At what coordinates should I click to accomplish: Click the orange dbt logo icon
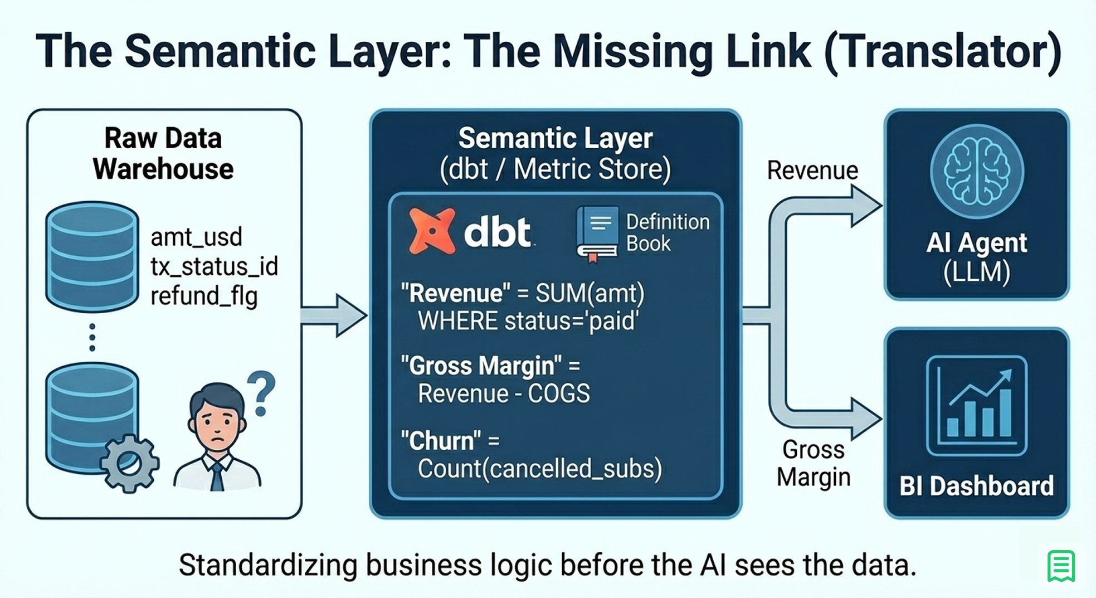click(x=431, y=231)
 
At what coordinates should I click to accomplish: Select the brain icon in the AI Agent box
click(x=977, y=171)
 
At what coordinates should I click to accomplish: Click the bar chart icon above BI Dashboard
click(x=977, y=406)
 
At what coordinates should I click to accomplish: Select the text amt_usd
click(x=196, y=237)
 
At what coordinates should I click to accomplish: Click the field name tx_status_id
click(x=214, y=266)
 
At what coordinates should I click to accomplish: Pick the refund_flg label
click(x=204, y=296)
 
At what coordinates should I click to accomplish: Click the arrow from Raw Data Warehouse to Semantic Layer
click(x=334, y=315)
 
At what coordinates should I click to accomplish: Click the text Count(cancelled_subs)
click(x=540, y=469)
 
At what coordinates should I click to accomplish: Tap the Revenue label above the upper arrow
click(x=812, y=171)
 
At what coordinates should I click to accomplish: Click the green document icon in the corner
click(x=1061, y=566)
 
